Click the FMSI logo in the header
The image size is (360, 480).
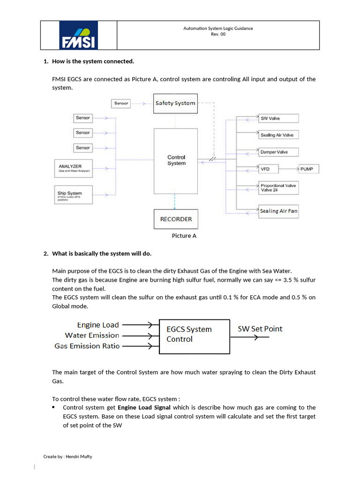tap(78, 35)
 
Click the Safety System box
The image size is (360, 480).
tap(175, 103)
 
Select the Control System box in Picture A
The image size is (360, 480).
tap(176, 160)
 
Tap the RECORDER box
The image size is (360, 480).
tap(176, 219)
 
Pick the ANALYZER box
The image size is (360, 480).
tap(74, 168)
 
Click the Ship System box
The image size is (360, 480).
tap(74, 195)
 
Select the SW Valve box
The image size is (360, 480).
tap(278, 118)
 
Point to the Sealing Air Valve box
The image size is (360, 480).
tap(278, 135)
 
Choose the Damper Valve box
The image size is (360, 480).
tap(278, 152)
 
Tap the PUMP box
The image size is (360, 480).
tap(308, 169)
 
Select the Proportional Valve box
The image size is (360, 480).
tap(278, 188)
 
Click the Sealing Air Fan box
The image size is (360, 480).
tap(278, 211)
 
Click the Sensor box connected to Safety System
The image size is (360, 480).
tap(121, 103)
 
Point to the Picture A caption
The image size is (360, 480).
tap(184, 236)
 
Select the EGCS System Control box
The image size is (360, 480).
tap(195, 337)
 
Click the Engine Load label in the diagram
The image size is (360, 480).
tap(98, 325)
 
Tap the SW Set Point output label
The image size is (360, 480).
tap(260, 329)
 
